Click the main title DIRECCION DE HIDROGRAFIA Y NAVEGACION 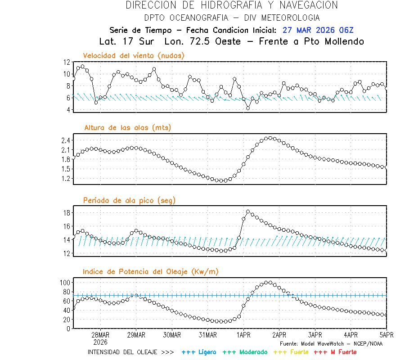232,5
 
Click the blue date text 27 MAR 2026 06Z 318,30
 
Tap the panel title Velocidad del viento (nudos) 134,55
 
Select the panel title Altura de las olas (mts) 128,128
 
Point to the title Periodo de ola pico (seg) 129,200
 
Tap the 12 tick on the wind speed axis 67,62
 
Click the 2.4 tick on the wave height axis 65,140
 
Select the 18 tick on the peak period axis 67,212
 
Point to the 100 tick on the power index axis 65,283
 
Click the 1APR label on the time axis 243,335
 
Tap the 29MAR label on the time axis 136,335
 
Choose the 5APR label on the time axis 386,335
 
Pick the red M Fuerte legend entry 335,352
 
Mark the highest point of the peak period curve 248,211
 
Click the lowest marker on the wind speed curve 248,108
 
